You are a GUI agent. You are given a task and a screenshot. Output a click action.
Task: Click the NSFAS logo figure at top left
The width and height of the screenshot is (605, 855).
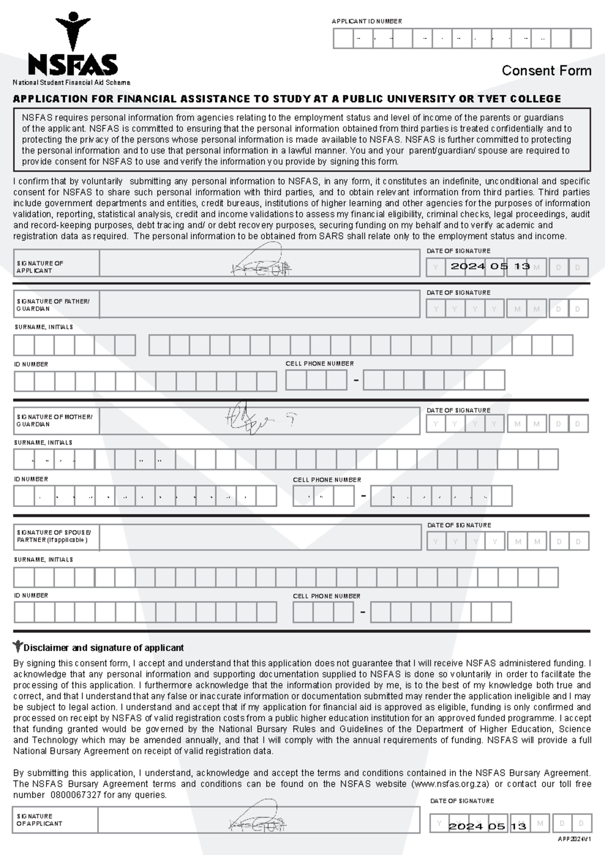coord(73,30)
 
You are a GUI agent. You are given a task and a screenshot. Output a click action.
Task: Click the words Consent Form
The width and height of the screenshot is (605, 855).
coord(546,71)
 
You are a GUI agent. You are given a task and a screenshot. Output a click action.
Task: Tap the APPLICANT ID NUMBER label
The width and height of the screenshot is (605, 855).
coord(367,21)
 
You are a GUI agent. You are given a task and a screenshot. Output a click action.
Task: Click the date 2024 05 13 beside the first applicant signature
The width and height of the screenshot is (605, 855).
coord(490,266)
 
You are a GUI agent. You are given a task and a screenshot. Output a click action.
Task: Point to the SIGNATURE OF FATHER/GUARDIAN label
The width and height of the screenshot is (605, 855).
coord(53,305)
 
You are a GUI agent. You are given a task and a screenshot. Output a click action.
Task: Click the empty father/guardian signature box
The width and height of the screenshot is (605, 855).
coord(259,304)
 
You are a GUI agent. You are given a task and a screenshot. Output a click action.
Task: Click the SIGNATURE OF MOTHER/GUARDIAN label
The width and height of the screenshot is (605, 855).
coord(54,420)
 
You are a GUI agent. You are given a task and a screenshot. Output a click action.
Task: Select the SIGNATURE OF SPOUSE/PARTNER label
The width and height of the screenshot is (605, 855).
coord(54,536)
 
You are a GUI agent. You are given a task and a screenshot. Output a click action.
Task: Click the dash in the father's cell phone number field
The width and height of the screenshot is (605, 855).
coord(356,381)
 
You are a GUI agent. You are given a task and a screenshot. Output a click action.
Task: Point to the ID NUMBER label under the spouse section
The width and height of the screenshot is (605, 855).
coord(31,595)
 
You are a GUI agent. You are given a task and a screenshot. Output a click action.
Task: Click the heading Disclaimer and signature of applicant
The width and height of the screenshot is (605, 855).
coord(103,648)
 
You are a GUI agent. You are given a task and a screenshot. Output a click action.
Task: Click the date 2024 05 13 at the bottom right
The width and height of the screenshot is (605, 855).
coord(488,826)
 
